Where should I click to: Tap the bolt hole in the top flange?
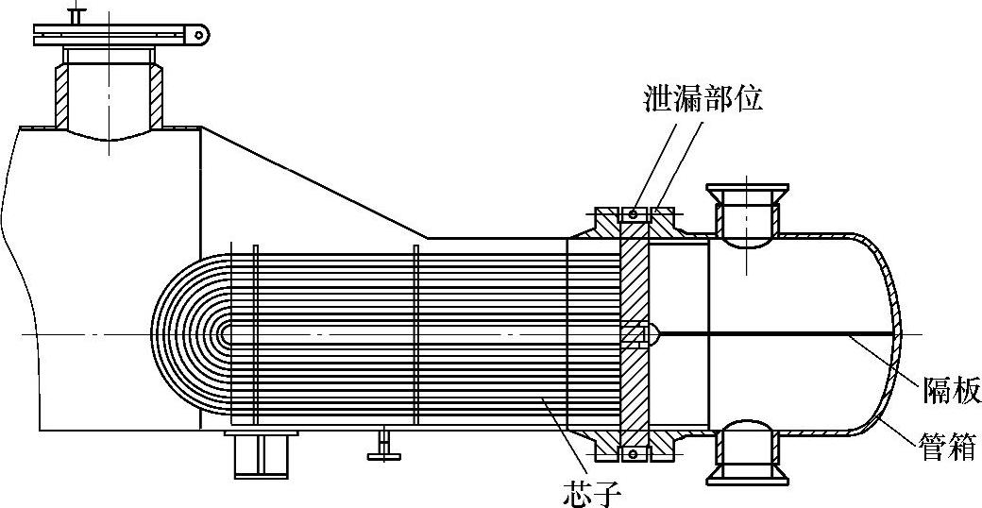[x=633, y=216]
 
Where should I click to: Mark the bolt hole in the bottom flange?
[x=633, y=455]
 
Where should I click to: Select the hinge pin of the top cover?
[x=199, y=35]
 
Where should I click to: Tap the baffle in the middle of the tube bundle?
[x=415, y=335]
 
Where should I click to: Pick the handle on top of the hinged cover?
[x=77, y=15]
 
